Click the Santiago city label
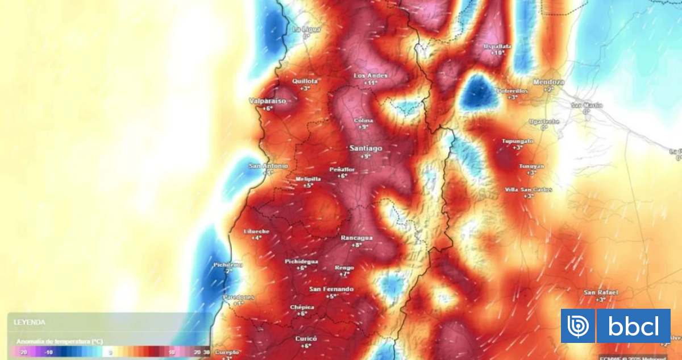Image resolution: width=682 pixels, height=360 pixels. pyautogui.click(x=365, y=148)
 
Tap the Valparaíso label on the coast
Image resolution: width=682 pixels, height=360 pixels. pyautogui.click(x=267, y=101)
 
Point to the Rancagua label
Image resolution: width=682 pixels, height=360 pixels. pyautogui.click(x=356, y=237)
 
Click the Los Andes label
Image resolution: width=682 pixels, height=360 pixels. pyautogui.click(x=371, y=76)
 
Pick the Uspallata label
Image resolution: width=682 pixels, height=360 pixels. pyautogui.click(x=497, y=45)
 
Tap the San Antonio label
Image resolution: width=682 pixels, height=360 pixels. pyautogui.click(x=268, y=166)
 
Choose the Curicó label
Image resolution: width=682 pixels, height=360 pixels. pyautogui.click(x=306, y=338)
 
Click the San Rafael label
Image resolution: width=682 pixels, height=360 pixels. pyautogui.click(x=601, y=292)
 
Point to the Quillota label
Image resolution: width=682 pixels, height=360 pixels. pyautogui.click(x=305, y=81)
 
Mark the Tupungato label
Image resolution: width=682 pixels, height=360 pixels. pyautogui.click(x=517, y=140)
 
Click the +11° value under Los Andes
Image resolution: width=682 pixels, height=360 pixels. pyautogui.click(x=371, y=83)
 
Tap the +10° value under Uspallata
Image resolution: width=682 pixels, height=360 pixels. pyautogui.click(x=497, y=53)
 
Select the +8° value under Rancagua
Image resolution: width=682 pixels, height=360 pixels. pyautogui.click(x=356, y=245)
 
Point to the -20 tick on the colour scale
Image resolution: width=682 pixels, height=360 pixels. pyautogui.click(x=23, y=353)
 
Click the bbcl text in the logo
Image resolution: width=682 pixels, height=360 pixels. pyautogui.click(x=633, y=326)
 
